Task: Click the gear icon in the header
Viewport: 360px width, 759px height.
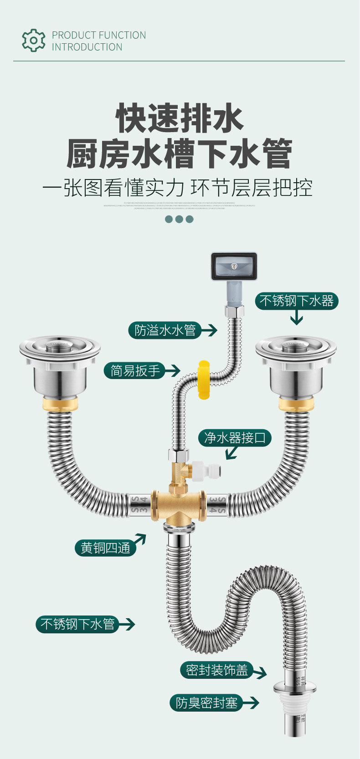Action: click(34, 41)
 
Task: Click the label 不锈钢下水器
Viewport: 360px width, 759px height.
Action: click(296, 301)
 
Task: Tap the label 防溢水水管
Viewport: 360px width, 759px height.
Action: click(165, 330)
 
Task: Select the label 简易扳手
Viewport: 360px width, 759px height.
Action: click(135, 370)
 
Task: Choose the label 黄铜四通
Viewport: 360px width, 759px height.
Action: click(105, 547)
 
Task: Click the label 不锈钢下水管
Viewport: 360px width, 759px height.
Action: click(77, 624)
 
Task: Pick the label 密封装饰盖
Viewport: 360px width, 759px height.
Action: click(216, 670)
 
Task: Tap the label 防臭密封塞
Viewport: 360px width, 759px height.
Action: click(206, 703)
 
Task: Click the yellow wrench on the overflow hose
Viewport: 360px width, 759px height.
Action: click(204, 379)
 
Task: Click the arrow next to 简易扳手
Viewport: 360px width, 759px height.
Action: click(172, 370)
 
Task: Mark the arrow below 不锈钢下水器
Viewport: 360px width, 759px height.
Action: click(297, 318)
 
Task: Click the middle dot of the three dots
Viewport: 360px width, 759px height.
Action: click(179, 219)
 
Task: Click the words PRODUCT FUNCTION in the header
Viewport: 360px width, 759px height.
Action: click(99, 35)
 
